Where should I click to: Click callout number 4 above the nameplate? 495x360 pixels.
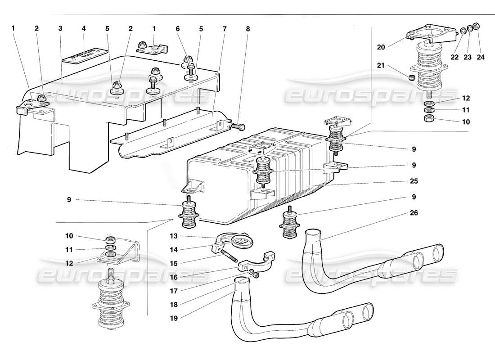84,28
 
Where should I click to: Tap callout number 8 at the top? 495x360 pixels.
247,28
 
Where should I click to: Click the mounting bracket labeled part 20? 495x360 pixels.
428,36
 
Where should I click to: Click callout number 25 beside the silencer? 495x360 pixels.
414,181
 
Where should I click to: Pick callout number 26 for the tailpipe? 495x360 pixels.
414,213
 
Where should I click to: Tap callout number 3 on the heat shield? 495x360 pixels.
60,28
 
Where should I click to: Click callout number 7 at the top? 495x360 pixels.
225,28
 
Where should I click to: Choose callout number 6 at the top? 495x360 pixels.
178,28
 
